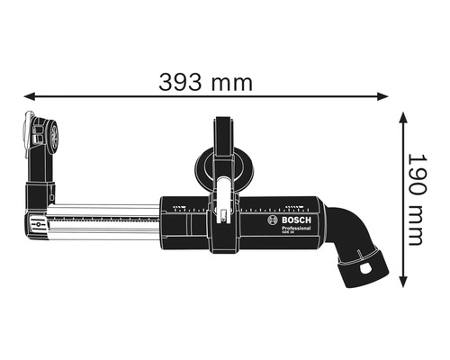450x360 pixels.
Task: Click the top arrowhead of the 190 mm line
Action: click(400, 114)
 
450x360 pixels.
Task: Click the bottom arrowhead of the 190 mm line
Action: click(400, 289)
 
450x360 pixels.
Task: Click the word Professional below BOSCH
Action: click(292, 231)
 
